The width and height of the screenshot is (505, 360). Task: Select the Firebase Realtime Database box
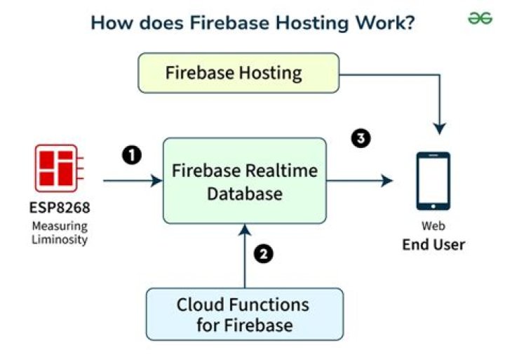245,182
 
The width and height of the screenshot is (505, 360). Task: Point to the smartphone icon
433,181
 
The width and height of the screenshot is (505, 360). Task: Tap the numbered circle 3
360,139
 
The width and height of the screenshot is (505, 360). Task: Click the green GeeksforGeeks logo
480,19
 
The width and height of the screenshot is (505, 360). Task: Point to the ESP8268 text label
59,209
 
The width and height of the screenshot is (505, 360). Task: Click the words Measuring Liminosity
59,232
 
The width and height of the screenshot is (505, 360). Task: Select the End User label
433,245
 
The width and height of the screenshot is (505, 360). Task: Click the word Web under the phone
433,227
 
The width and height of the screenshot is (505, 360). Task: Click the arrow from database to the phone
359,181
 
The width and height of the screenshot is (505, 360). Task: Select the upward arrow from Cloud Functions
245,256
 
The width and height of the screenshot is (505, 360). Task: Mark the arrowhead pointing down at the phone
439,128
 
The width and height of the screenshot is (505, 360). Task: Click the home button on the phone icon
433,205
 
